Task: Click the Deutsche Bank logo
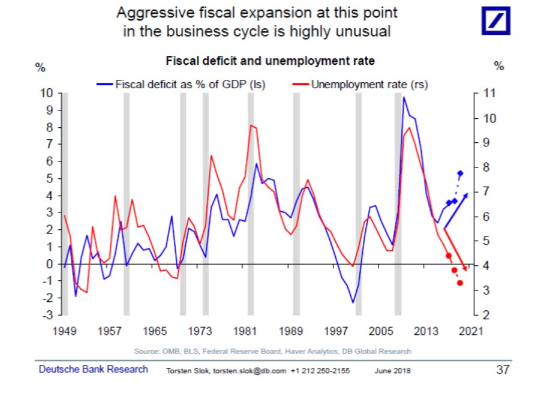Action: tap(496, 22)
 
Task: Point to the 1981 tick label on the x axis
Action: tap(248, 331)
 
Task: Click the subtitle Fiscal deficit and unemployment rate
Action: tap(270, 61)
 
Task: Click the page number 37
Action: tap(503, 370)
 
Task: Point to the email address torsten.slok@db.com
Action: tap(245, 371)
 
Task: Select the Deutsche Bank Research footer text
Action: tap(94, 370)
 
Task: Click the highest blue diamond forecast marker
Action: tap(460, 173)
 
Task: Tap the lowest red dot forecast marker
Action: tap(460, 283)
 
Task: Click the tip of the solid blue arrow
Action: tap(468, 194)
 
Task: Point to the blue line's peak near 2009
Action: tap(404, 97)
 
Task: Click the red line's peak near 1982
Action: tap(251, 125)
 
